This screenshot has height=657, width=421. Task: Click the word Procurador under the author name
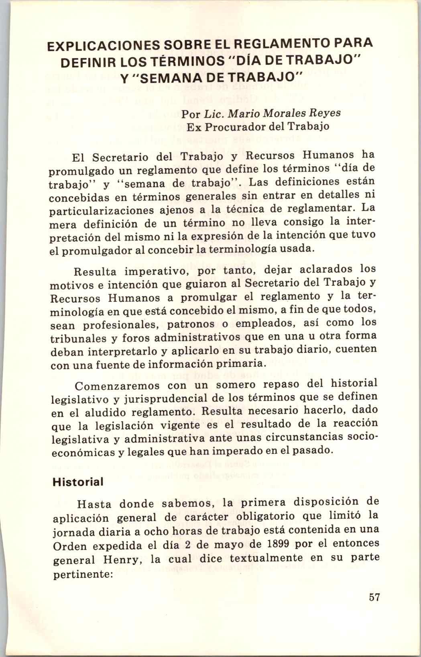[x=232, y=127]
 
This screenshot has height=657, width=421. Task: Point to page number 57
[x=374, y=597]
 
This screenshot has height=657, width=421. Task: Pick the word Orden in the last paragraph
[x=68, y=547]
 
